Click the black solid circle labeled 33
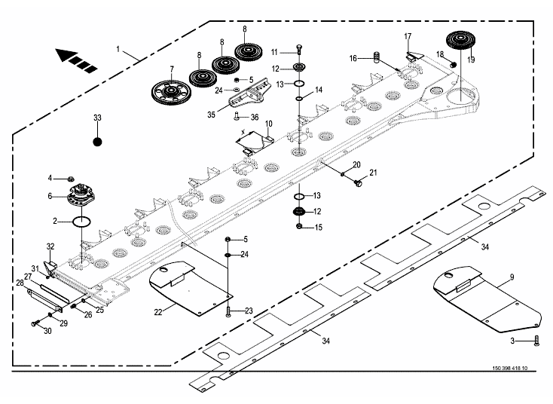[x=96, y=141]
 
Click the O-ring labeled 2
[x=83, y=222]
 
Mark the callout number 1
[x=118, y=48]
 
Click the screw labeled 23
[x=228, y=310]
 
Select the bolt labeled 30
[x=37, y=323]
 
